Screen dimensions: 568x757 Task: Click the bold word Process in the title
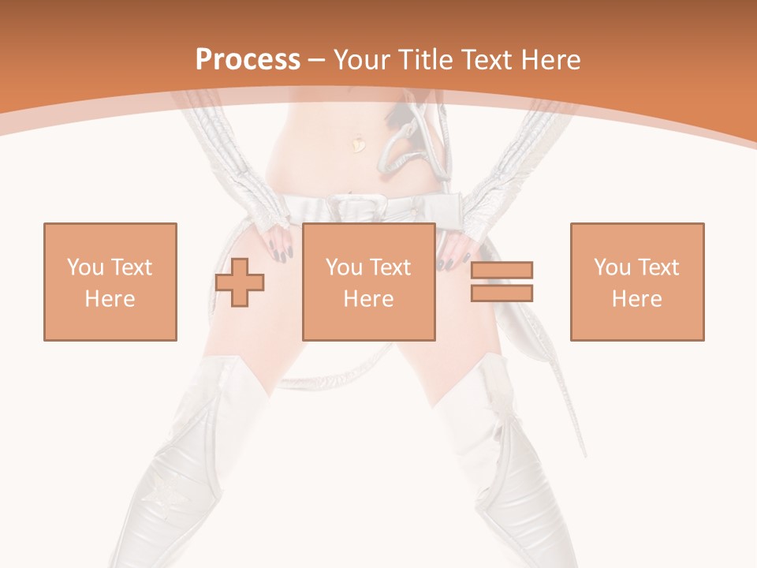click(x=248, y=60)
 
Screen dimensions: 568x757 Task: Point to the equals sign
click(x=502, y=282)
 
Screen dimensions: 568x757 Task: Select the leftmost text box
click(x=110, y=282)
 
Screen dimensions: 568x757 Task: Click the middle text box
click(x=369, y=282)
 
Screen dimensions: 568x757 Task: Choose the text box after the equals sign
click(x=637, y=282)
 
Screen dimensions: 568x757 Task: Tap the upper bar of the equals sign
click(x=502, y=271)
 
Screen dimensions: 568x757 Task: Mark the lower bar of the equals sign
click(x=502, y=293)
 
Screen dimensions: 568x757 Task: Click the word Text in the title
click(x=489, y=60)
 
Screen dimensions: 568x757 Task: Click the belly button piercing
click(x=359, y=144)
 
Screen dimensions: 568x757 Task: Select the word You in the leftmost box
click(x=84, y=267)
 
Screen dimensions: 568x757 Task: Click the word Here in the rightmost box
click(x=637, y=298)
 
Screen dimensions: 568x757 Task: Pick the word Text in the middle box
click(x=390, y=267)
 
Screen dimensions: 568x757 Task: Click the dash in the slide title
click(x=316, y=60)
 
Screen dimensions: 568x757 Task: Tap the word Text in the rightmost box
click(x=658, y=267)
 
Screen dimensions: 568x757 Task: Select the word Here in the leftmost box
click(x=110, y=298)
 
